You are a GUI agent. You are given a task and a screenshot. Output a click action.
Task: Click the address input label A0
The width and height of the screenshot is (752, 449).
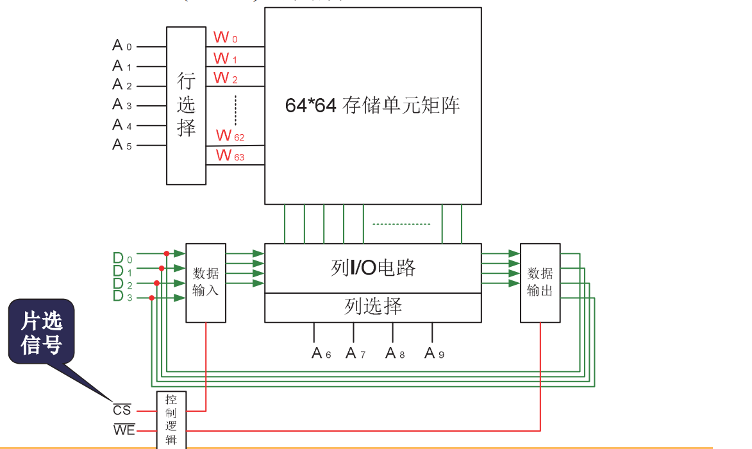pos(121,46)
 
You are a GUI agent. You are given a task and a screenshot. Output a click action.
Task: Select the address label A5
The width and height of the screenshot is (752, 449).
pos(121,145)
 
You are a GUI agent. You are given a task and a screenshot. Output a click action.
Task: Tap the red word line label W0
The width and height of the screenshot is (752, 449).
pos(225,37)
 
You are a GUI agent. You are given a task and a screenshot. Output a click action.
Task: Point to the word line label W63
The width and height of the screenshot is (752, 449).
pos(230,155)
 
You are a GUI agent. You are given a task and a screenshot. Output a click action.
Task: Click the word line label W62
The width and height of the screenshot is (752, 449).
pos(230,136)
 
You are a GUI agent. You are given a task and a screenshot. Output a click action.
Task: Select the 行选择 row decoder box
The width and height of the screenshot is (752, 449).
pos(186,105)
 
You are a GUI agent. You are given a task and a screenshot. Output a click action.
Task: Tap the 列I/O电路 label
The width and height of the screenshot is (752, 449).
pos(372,268)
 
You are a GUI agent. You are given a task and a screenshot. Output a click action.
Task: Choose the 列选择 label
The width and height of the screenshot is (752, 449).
pos(372,307)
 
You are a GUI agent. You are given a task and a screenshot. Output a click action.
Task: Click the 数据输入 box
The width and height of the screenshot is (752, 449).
pos(206,282)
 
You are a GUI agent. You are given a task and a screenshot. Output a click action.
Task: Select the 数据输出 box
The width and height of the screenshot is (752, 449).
pos(540,282)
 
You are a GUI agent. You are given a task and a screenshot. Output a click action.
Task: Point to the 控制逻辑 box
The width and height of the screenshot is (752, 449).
pos(171,420)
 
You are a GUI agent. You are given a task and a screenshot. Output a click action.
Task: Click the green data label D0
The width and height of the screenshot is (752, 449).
pos(122,258)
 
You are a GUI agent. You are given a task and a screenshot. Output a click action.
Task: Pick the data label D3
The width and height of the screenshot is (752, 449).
pos(122,296)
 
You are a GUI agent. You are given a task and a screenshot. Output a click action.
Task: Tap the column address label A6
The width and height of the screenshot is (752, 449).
pos(321,353)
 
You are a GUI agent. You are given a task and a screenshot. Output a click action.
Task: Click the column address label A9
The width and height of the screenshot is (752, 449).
pos(434,353)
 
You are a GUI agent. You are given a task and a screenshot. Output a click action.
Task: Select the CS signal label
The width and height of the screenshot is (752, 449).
pos(122,410)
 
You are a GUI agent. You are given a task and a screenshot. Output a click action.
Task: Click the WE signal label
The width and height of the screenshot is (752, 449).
pos(124,429)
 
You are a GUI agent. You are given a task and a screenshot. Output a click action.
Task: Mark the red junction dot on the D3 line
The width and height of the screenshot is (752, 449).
pos(151,298)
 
